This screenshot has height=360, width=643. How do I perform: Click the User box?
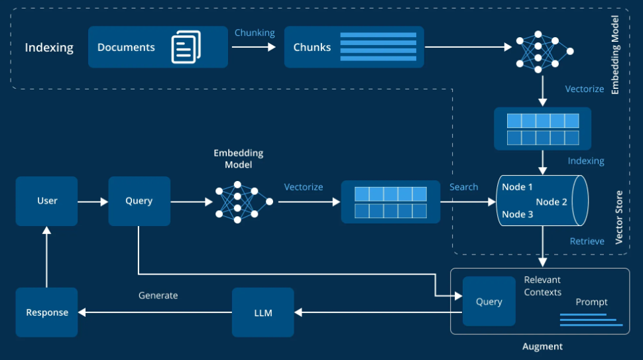click(46, 201)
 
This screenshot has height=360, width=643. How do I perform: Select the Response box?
click(46, 312)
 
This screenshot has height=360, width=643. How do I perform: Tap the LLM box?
click(263, 312)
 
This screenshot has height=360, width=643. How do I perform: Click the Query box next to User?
click(139, 201)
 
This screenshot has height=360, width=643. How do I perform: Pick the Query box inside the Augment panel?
click(489, 302)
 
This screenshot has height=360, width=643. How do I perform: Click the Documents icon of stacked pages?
click(185, 47)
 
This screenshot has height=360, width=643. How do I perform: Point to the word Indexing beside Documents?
click(49, 48)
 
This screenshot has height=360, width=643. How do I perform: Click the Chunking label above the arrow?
click(255, 33)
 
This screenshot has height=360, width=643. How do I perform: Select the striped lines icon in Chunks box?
click(378, 46)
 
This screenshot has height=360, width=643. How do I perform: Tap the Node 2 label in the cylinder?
click(552, 202)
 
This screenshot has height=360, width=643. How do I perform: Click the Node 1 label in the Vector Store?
click(517, 187)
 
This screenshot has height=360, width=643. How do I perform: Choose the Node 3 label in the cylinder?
click(517, 214)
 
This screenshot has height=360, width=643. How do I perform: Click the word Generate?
click(158, 295)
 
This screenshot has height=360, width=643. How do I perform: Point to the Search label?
click(463, 187)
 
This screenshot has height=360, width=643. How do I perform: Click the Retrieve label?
click(587, 241)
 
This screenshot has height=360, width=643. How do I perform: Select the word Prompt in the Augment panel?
click(591, 302)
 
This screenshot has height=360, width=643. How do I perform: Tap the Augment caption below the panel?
click(542, 346)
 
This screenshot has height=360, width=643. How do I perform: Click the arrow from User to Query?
click(92, 201)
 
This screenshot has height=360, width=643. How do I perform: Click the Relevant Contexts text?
click(543, 286)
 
